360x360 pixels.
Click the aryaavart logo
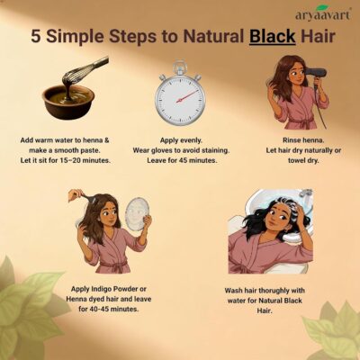click(x=322, y=13)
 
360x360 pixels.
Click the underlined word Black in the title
click(x=273, y=37)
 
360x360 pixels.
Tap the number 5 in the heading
click(x=36, y=37)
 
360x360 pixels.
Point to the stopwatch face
click(x=180, y=100)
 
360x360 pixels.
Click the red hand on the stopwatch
click(x=187, y=96)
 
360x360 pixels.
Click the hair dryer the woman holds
click(x=316, y=76)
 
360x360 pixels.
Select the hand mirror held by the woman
click(x=139, y=213)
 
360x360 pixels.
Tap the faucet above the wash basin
click(x=304, y=195)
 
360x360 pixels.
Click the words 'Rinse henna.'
click(x=303, y=140)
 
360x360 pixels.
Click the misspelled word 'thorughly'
click(x=274, y=291)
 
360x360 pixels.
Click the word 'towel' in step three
click(x=297, y=160)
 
